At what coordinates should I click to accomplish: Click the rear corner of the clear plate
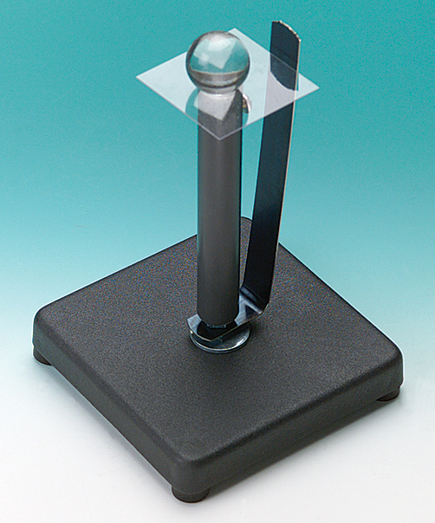pos(232,30)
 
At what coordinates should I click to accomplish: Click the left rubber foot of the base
pos(41,355)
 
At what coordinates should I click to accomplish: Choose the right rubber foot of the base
pos(388,394)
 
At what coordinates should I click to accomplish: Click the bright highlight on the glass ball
pos(209,48)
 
